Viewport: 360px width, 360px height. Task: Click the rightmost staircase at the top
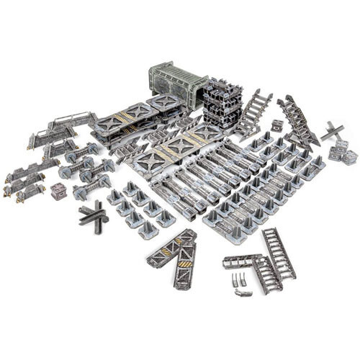pyautogui.click(x=298, y=119)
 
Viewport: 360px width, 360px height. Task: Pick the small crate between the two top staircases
pyautogui.click(x=277, y=125)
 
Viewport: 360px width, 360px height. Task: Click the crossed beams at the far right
pyautogui.click(x=333, y=132)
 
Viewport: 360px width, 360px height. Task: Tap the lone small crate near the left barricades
pyautogui.click(x=58, y=192)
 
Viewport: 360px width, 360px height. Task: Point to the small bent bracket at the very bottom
pyautogui.click(x=243, y=293)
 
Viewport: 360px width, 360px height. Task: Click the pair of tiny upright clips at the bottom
pyautogui.click(x=237, y=279)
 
